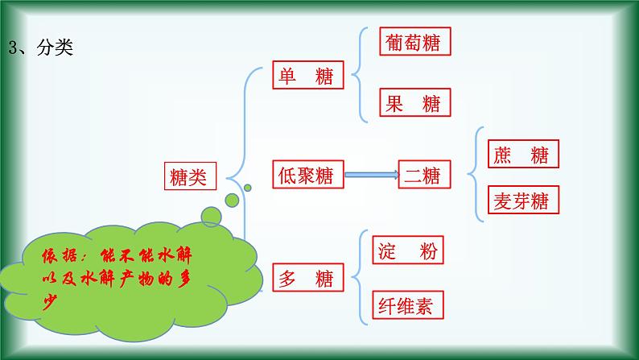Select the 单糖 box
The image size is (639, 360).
click(x=308, y=77)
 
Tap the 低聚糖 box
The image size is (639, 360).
click(x=308, y=174)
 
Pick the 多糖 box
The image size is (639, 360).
click(x=308, y=278)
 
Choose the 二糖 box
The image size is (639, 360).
click(x=425, y=174)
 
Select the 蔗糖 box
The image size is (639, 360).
click(x=523, y=154)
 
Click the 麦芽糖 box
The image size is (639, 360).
click(x=523, y=200)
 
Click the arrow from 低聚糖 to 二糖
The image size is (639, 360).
click(x=371, y=174)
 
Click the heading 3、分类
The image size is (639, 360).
click(x=41, y=48)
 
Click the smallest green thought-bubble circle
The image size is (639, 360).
click(x=248, y=188)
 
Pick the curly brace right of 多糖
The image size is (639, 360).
click(x=357, y=278)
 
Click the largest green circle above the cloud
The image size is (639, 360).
click(x=212, y=217)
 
